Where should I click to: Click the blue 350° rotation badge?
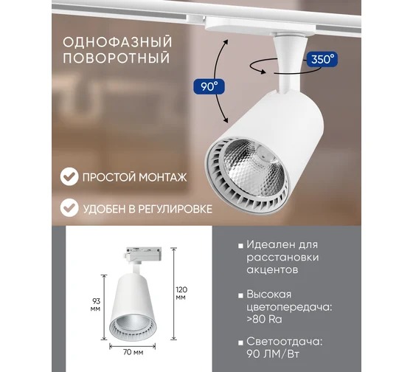[322, 59]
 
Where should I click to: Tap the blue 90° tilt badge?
[209, 86]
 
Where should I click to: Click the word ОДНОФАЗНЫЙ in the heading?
[117, 43]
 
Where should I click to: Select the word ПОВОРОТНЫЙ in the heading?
[117, 58]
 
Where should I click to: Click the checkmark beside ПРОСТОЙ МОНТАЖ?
[69, 176]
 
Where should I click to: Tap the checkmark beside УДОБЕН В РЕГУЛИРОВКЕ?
[69, 207]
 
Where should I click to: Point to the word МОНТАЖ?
[162, 177]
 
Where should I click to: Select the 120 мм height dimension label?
[181, 293]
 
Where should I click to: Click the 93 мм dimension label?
[96, 305]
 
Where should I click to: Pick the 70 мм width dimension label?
[133, 352]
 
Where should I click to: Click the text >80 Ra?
[264, 320]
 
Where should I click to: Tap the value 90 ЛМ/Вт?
[273, 354]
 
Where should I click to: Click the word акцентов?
[272, 269]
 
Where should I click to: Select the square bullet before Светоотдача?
[240, 343]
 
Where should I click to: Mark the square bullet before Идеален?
[240, 246]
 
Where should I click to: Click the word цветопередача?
[289, 307]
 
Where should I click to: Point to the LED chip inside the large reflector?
[264, 154]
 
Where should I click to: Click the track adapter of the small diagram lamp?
[143, 253]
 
